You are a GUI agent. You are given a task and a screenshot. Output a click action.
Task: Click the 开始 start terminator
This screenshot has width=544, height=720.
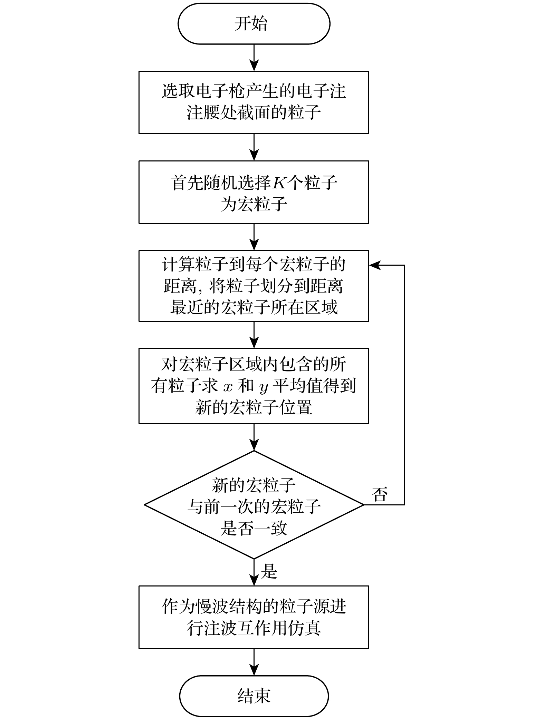[254, 24]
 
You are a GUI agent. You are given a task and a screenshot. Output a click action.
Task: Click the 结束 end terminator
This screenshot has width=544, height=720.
[254, 696]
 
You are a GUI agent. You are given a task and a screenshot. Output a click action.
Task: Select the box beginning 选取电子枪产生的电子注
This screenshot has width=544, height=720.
[254, 102]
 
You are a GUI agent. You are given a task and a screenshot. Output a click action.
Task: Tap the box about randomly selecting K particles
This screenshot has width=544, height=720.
[254, 192]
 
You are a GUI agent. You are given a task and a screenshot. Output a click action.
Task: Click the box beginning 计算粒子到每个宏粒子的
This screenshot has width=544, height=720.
[254, 286]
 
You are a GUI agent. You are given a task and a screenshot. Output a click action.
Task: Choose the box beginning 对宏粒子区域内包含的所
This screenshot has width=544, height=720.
[254, 386]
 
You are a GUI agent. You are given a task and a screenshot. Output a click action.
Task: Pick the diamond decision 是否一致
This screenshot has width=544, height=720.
[254, 505]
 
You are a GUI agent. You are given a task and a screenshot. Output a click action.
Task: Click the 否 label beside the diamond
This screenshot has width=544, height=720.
[380, 494]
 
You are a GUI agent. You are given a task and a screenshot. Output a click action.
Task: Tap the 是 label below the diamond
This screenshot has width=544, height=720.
[269, 571]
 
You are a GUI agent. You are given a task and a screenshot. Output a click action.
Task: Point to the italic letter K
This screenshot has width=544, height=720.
[279, 183]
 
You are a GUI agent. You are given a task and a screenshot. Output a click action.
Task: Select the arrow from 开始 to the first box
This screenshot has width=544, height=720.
[254, 58]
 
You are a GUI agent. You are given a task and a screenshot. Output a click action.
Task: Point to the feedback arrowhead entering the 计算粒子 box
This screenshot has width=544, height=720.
[374, 265]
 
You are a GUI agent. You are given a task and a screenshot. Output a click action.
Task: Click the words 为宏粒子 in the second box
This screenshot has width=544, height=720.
[254, 204]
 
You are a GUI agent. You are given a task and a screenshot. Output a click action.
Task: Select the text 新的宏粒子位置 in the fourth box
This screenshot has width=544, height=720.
[254, 407]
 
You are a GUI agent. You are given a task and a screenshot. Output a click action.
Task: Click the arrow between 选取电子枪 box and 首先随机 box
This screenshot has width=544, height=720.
[254, 147]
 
